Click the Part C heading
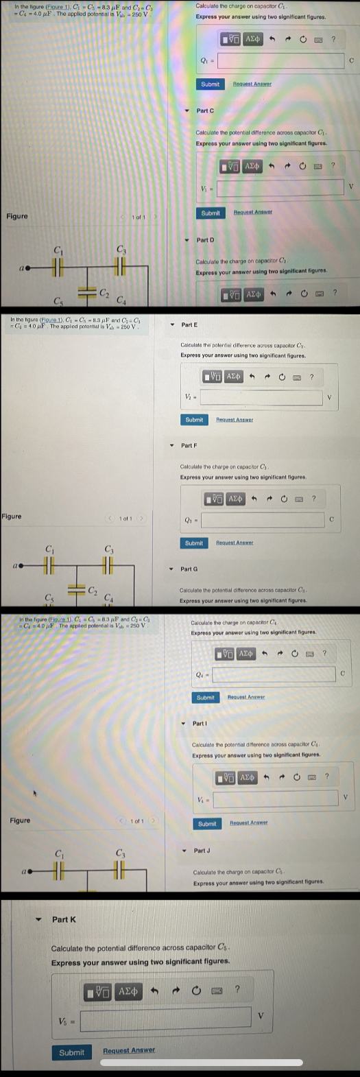pos(205,110)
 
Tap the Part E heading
pos(189,324)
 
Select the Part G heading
pos(189,569)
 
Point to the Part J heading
pos(202,851)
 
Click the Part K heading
pos(64,919)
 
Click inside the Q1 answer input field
pos(280,61)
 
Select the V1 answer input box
pos(280,187)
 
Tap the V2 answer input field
pos(261,398)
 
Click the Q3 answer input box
pos(263,520)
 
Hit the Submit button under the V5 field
pos(71,1052)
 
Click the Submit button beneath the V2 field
pos(194,419)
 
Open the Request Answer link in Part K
pos(129,1050)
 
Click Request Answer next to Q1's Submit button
pos(252,84)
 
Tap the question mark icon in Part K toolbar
pos(237,989)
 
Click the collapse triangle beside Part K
pos(39,919)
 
